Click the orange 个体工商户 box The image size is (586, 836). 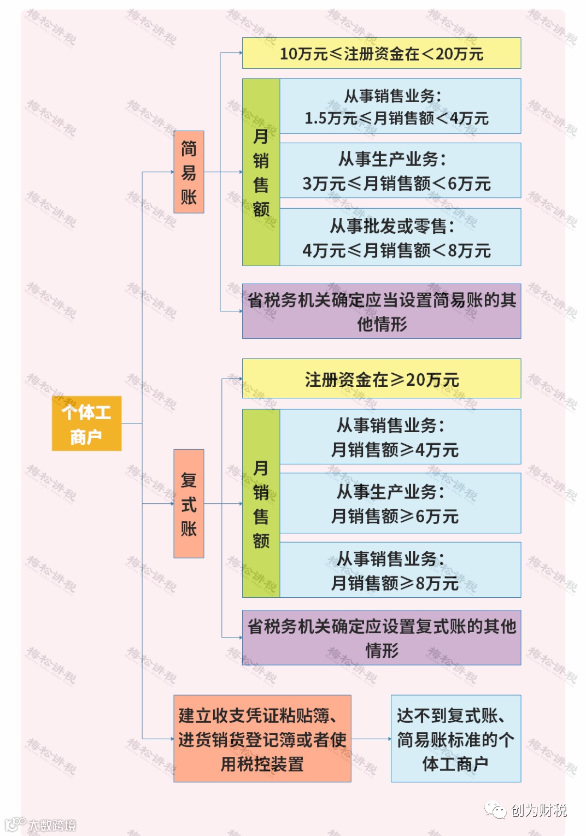click(x=86, y=423)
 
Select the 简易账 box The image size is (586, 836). click(x=189, y=172)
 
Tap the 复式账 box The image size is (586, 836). click(x=189, y=503)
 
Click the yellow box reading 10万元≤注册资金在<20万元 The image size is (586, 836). click(x=381, y=53)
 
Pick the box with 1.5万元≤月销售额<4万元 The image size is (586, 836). click(x=400, y=106)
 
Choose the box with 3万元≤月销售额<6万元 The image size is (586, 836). click(x=400, y=170)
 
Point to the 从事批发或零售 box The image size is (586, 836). click(x=400, y=237)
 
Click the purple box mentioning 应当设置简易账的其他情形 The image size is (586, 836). click(x=381, y=311)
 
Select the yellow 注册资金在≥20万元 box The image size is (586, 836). click(x=381, y=379)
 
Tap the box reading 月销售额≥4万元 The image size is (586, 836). click(x=400, y=437)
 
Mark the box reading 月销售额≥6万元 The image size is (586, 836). click(x=400, y=503)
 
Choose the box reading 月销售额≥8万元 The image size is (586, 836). click(x=400, y=570)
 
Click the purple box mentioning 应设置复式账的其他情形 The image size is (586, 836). click(x=381, y=638)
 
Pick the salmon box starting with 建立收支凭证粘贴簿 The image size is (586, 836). click(x=262, y=739)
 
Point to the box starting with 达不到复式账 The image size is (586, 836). click(x=455, y=739)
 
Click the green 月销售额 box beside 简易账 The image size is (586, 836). click(x=261, y=172)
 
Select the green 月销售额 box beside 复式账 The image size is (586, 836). click(x=261, y=503)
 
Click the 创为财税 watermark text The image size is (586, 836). click(x=538, y=810)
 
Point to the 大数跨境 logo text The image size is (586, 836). click(x=52, y=825)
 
